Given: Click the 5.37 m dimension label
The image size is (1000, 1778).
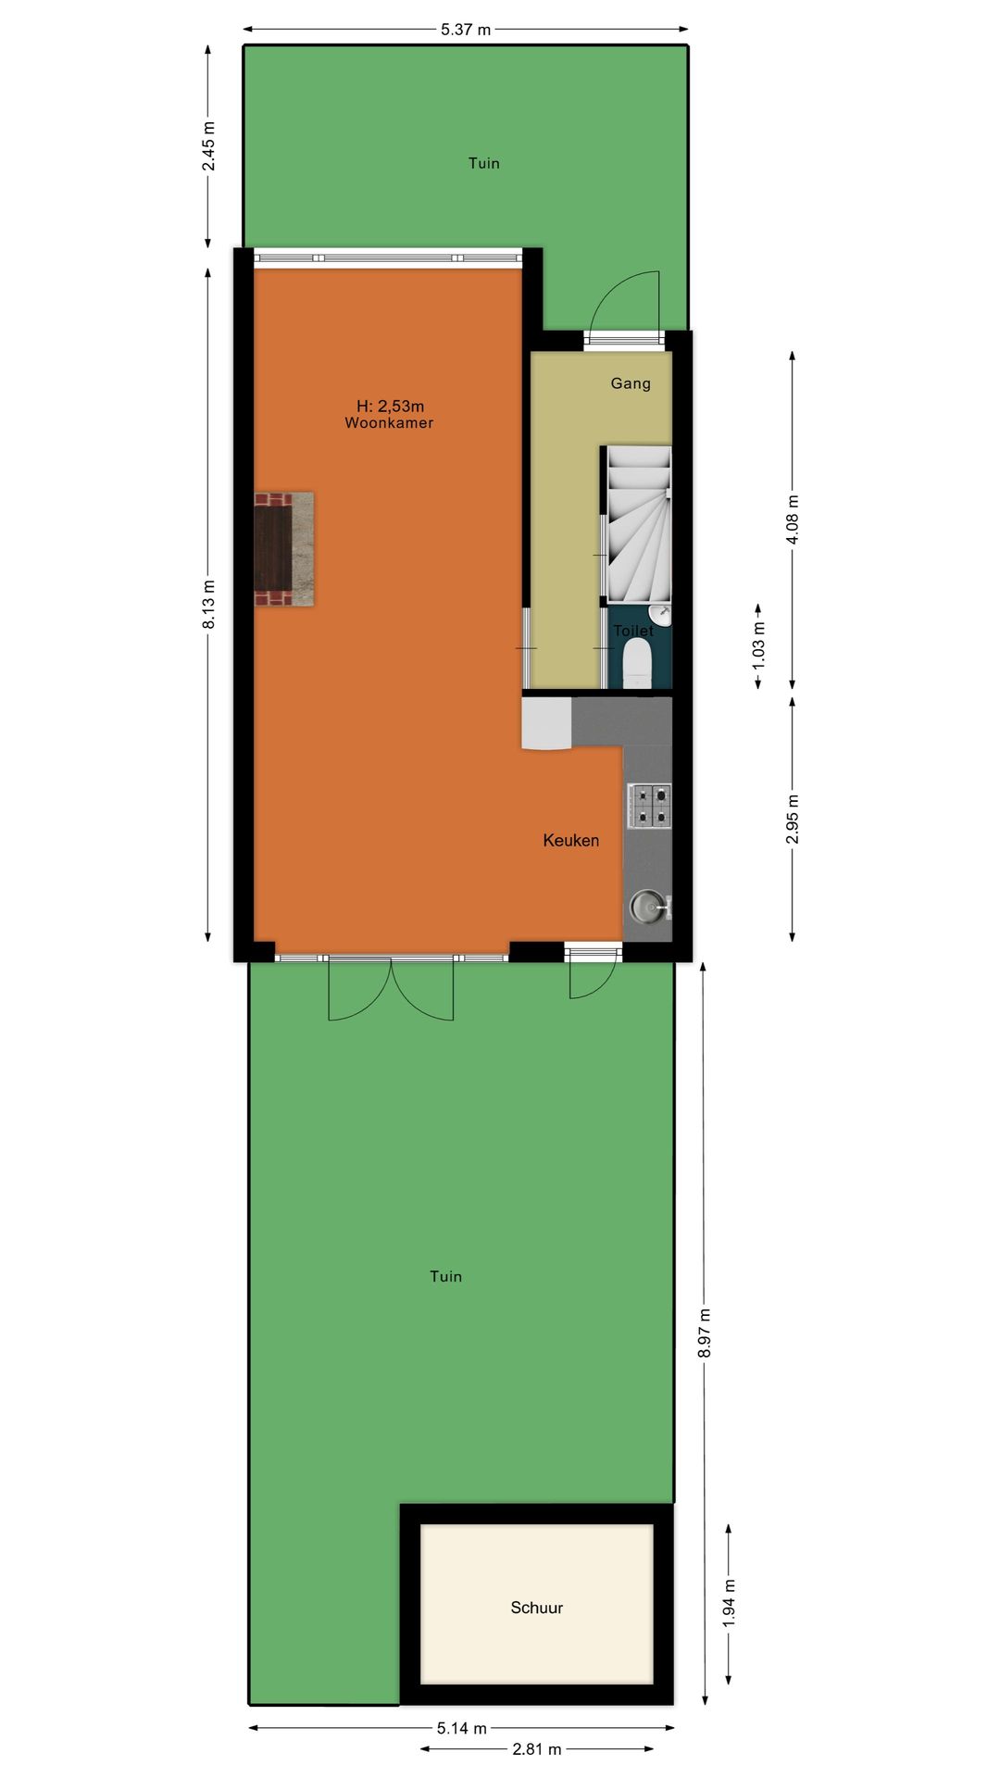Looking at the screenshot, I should tap(465, 30).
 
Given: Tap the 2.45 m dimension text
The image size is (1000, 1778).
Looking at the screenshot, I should tap(209, 146).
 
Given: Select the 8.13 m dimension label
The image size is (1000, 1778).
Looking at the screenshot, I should tap(209, 605).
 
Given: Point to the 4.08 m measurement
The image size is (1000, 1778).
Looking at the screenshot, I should tap(793, 520).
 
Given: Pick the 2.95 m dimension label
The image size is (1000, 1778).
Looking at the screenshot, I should tap(793, 820).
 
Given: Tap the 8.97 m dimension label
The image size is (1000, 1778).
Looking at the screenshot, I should tap(705, 1333).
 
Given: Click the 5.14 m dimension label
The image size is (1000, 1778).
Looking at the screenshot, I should tap(462, 1728).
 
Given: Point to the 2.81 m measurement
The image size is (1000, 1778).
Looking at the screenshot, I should tap(537, 1749).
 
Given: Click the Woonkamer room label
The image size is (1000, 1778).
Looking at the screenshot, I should tap(389, 423).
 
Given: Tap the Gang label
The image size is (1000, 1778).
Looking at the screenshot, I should tap(631, 383).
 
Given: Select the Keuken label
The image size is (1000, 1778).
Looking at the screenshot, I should tap(570, 841).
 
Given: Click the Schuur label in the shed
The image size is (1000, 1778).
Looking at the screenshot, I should tap(537, 1608).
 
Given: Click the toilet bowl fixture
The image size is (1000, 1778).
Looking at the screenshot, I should tap(637, 665).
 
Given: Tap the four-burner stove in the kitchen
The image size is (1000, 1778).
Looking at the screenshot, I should tap(649, 806).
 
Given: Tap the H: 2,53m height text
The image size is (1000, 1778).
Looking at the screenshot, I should tap(390, 406).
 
